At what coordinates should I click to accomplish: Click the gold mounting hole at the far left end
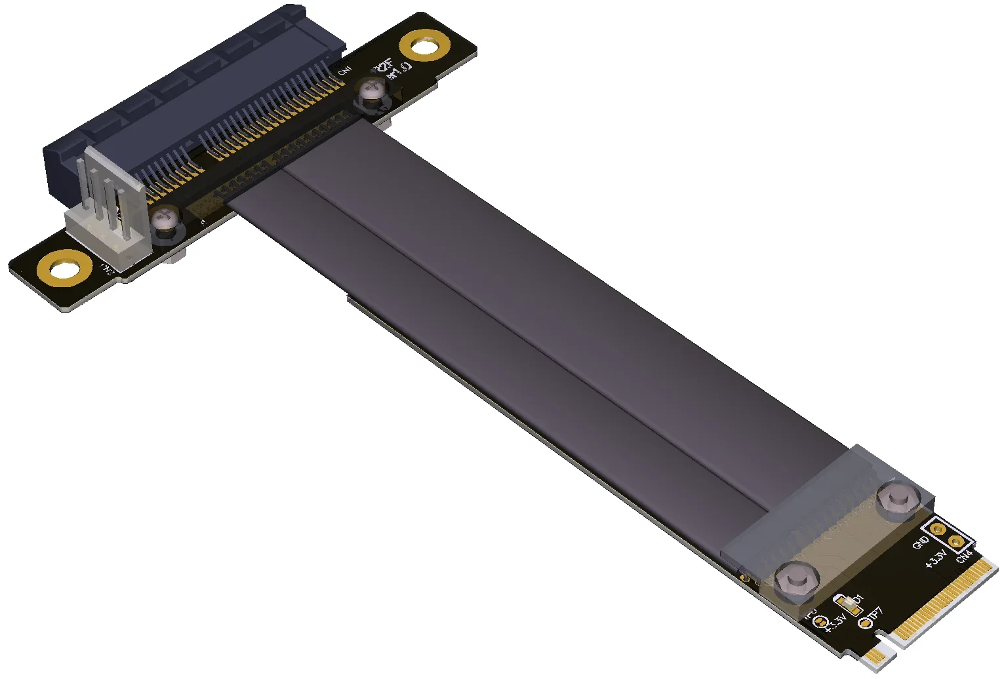tap(62, 269)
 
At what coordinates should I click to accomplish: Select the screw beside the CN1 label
tap(372, 90)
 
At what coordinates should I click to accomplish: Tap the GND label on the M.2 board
tap(921, 543)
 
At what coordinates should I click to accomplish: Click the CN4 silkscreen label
tap(964, 556)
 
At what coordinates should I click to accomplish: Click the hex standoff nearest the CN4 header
tap(896, 499)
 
